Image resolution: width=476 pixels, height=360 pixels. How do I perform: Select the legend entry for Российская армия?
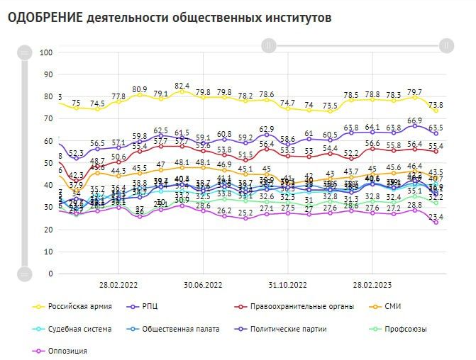pyautogui.click(x=77, y=307)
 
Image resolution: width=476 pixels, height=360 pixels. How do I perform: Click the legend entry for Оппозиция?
pyautogui.click(x=67, y=350)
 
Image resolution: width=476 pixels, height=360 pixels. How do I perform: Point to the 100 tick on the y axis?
pyautogui.click(x=47, y=52)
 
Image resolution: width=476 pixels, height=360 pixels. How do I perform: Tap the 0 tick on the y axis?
pyautogui.click(x=51, y=274)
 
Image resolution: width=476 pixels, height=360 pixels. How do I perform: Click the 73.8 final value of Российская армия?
pyautogui.click(x=437, y=105)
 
